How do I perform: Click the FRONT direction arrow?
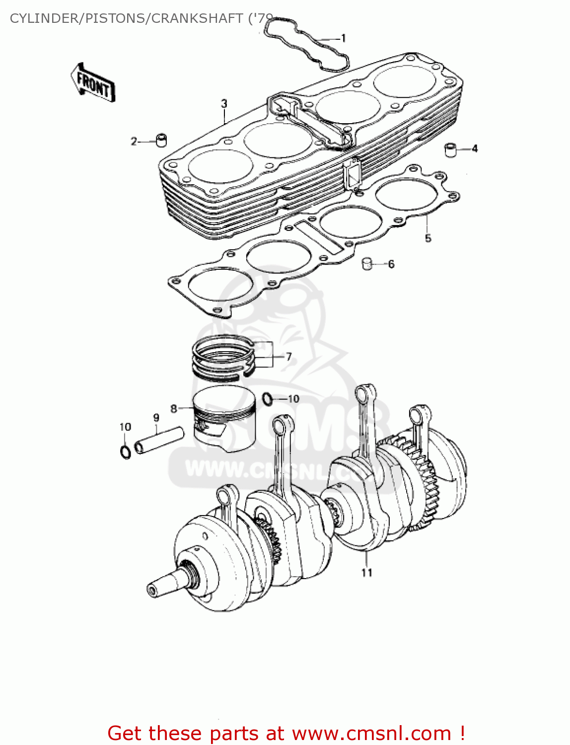point(93,83)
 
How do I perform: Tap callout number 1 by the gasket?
point(343,38)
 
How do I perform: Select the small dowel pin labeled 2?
point(161,140)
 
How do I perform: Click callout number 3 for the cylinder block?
point(224,104)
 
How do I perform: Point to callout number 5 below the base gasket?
point(428,238)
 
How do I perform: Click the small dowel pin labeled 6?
point(367,263)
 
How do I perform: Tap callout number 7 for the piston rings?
point(288,357)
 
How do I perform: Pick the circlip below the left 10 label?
point(126,452)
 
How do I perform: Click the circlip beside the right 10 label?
point(267,398)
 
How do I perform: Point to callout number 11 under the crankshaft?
point(366,573)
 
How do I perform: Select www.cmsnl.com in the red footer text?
point(370,733)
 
